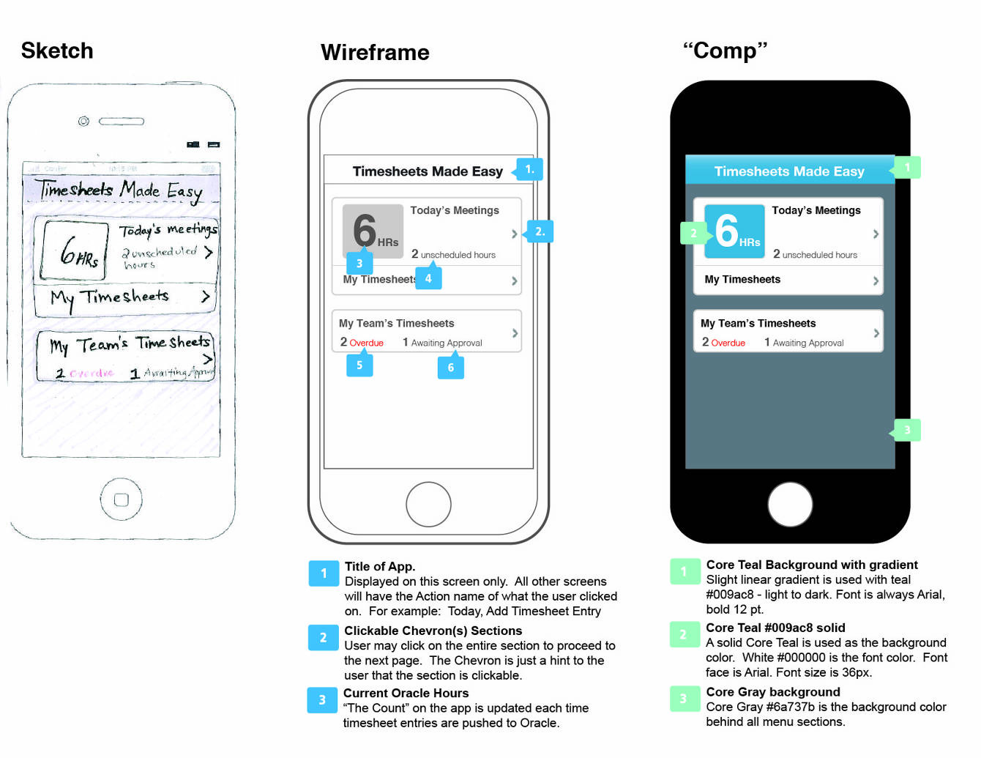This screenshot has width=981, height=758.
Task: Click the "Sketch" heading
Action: pos(57,51)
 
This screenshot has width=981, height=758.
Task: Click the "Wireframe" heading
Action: pos(375,52)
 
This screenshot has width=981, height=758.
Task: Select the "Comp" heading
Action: pos(725,51)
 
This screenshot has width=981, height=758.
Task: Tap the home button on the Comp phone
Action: pos(790,504)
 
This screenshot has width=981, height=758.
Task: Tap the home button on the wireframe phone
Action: pos(428,504)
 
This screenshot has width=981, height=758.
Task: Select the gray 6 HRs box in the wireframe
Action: pos(373,231)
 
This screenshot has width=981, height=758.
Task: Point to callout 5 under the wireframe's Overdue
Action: pos(359,365)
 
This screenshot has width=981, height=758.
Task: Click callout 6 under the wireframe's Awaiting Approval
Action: pos(451,367)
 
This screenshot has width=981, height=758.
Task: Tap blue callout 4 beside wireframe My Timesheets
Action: pos(428,278)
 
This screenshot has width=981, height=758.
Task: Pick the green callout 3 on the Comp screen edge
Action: pos(907,430)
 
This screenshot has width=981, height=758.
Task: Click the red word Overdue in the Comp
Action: pos(728,343)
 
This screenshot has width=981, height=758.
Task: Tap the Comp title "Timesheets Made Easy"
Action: pos(789,171)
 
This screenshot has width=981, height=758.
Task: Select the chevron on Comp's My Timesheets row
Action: pos(876,280)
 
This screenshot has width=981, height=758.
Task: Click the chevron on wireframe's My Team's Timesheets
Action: pos(515,333)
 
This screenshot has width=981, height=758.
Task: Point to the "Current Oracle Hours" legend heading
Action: pos(406,693)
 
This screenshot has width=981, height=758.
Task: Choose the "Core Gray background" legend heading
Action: pos(772,691)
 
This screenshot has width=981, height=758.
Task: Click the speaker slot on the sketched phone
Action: pos(122,121)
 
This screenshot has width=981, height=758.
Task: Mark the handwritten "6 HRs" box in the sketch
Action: pos(75,250)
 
